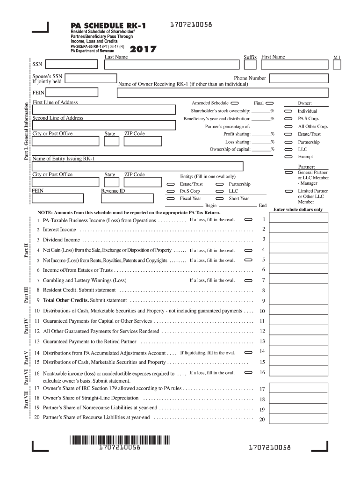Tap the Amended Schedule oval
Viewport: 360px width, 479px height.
point(234,103)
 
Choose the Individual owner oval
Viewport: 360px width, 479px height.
point(288,111)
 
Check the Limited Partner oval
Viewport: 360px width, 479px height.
point(288,191)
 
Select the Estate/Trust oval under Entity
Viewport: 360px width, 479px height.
point(171,184)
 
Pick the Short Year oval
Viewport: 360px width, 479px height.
point(219,199)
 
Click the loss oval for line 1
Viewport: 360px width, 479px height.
point(249,219)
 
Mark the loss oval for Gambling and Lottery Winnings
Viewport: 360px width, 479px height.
point(249,281)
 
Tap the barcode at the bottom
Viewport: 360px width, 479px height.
point(121,440)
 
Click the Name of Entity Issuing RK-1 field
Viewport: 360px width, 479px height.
point(137,167)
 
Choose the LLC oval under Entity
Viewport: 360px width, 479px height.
point(219,191)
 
